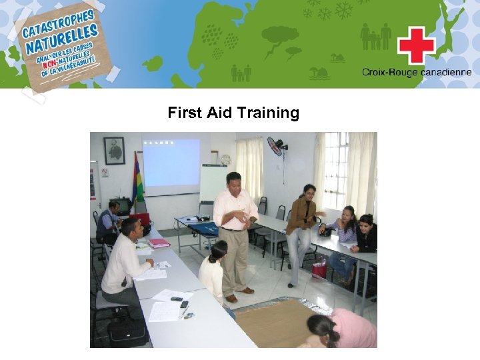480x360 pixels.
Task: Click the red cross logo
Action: point(416,45)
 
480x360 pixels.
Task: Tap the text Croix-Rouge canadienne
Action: point(417,73)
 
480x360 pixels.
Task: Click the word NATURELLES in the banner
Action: point(61,40)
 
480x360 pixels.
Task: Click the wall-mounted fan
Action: point(276,146)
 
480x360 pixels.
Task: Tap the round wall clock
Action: point(225,160)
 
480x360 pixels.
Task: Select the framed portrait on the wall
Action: point(114,151)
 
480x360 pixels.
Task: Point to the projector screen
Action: point(171,163)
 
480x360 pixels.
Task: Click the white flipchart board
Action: point(213,183)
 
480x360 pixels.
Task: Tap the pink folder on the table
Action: point(159,243)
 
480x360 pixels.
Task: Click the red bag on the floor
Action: point(320,268)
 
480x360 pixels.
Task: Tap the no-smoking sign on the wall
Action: point(105,172)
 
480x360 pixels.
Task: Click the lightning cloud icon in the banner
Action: point(280,37)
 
